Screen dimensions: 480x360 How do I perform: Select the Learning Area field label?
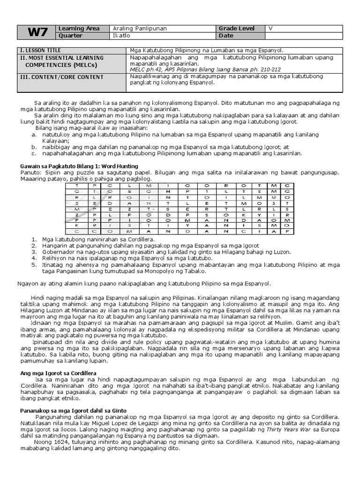pos(79,29)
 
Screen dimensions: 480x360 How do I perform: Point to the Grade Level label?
pos(238,29)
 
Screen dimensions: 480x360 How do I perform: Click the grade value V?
pos(270,29)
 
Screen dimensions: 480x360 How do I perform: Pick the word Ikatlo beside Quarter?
pos(120,36)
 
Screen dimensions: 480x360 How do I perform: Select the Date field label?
pos(227,36)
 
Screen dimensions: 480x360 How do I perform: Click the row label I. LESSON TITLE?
pos(40,50)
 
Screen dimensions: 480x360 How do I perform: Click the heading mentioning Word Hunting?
pos(79,166)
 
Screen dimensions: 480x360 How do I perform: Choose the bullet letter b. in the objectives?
pos(34,147)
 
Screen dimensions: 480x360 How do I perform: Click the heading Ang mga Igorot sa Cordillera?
pos(58,373)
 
